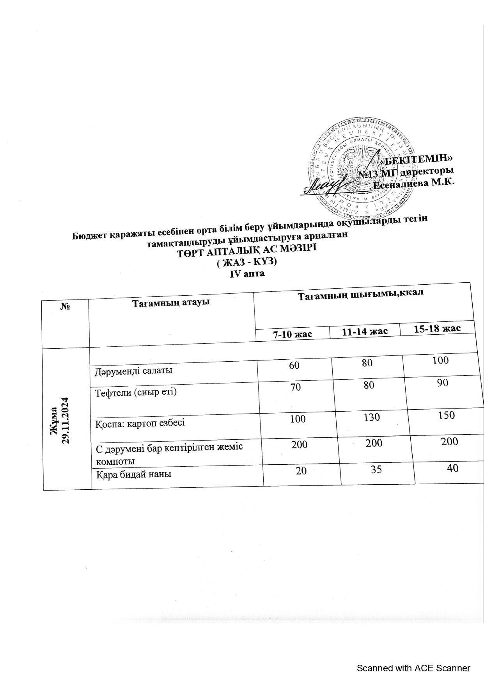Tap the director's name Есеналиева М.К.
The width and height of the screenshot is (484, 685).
(x=414, y=184)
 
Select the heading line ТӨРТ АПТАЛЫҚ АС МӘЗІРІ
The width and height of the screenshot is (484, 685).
(x=247, y=249)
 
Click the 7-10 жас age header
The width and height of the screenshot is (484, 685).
(x=293, y=334)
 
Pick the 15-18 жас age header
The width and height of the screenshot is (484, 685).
(x=437, y=328)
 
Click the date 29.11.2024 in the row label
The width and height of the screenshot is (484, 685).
(x=66, y=421)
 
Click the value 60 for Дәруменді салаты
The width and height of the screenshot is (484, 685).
(x=294, y=365)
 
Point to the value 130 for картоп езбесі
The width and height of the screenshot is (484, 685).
(x=371, y=417)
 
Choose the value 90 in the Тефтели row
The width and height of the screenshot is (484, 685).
(x=442, y=383)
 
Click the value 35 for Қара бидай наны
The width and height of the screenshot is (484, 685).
(x=376, y=469)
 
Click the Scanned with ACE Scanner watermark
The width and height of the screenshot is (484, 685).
(x=413, y=668)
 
